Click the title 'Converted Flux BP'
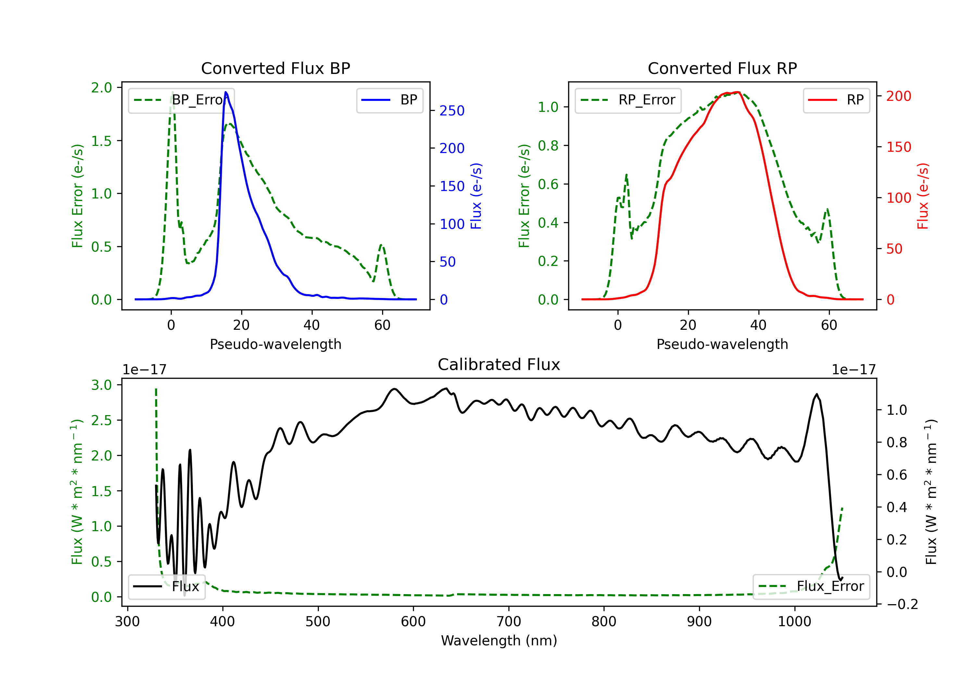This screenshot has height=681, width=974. pos(275,68)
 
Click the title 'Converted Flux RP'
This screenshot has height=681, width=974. pos(722,68)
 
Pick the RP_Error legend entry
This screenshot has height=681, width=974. pos(628,100)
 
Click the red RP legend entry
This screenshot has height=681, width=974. pos(836,100)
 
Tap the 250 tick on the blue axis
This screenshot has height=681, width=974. pos(452,111)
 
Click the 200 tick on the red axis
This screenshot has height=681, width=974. pos(898,96)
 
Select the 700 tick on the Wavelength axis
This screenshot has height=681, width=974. pos(509,622)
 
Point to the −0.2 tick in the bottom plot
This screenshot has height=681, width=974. pos(902,604)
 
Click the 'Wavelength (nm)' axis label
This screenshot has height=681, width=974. pos(499,640)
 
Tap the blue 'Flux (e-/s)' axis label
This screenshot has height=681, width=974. pos(476,196)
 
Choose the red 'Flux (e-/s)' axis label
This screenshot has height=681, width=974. pos(923,196)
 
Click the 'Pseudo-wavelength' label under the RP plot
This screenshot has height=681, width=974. pos(722,344)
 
